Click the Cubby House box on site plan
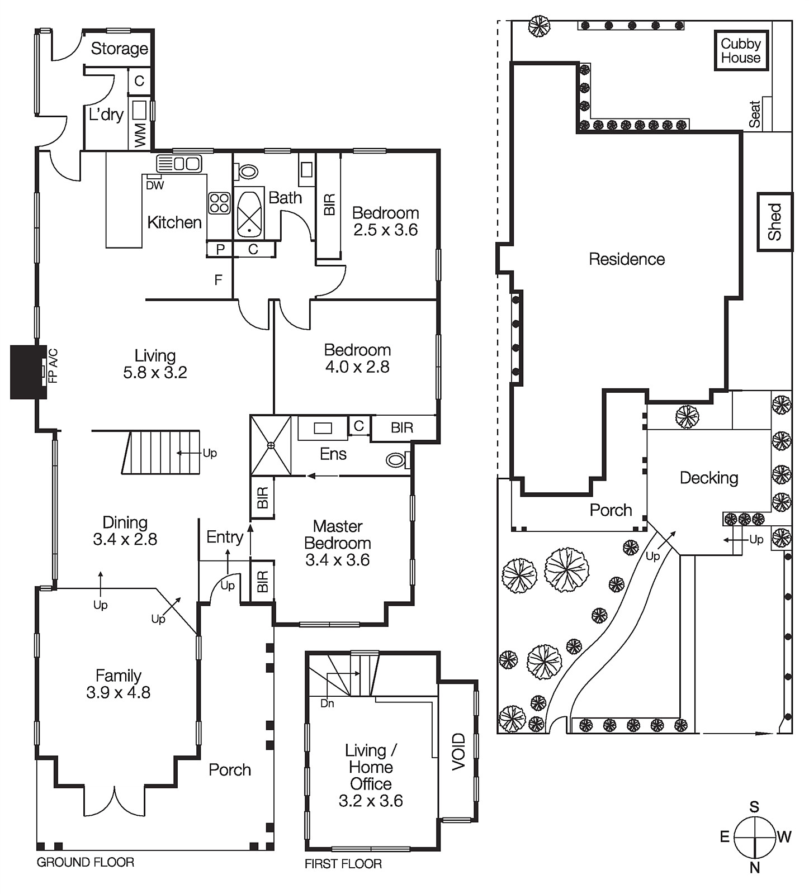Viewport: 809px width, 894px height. (740, 50)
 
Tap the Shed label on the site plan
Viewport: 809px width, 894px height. (775, 222)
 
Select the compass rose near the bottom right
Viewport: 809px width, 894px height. (754, 837)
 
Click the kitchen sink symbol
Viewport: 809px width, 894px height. (179, 164)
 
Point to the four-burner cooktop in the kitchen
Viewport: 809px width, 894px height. (219, 203)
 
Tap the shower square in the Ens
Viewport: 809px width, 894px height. (271, 445)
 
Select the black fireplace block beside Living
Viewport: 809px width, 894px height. (28, 372)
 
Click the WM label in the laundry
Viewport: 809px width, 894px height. (140, 136)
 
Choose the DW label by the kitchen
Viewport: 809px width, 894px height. (155, 186)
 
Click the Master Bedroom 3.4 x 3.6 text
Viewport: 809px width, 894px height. (338, 543)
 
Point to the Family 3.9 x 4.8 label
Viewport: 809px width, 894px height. (118, 684)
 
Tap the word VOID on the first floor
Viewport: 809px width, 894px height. (458, 752)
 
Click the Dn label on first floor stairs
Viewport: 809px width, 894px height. (327, 703)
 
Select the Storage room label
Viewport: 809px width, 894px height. (119, 49)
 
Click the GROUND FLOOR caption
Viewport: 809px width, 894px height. (85, 862)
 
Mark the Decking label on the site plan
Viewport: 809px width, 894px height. (708, 478)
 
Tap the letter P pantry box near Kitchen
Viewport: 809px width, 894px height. (220, 249)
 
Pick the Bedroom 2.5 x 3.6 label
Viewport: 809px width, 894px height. (385, 221)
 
